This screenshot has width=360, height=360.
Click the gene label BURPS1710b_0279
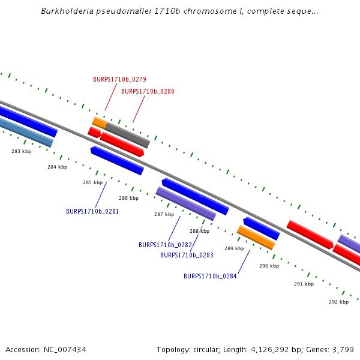(x=119, y=79)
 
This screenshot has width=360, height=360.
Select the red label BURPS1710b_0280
(x=148, y=91)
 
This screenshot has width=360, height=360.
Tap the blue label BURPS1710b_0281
(x=92, y=211)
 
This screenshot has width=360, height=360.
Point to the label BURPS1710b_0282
(x=165, y=245)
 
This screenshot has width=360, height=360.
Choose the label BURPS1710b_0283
(x=187, y=255)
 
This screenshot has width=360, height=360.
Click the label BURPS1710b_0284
(x=210, y=276)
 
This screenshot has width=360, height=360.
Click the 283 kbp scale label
(x=21, y=152)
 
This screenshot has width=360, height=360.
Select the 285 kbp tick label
(x=92, y=182)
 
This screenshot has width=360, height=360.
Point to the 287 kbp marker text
(x=164, y=214)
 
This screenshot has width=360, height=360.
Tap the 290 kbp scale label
(x=269, y=266)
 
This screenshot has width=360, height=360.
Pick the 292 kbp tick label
(x=338, y=302)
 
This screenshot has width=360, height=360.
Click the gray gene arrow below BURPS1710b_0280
(x=127, y=135)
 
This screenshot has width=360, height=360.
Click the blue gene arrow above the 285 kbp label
(x=117, y=160)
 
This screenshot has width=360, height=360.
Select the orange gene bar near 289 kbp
(x=256, y=238)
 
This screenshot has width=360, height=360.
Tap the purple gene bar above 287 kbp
(x=185, y=203)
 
